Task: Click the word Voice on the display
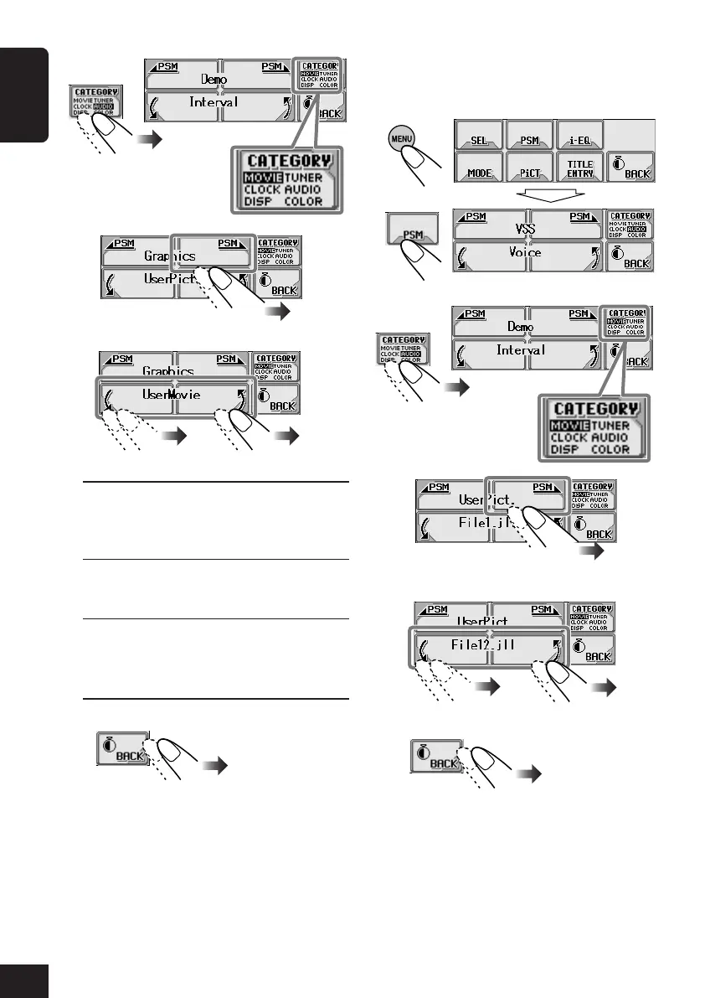pos(524,252)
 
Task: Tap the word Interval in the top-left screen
pos(214,102)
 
